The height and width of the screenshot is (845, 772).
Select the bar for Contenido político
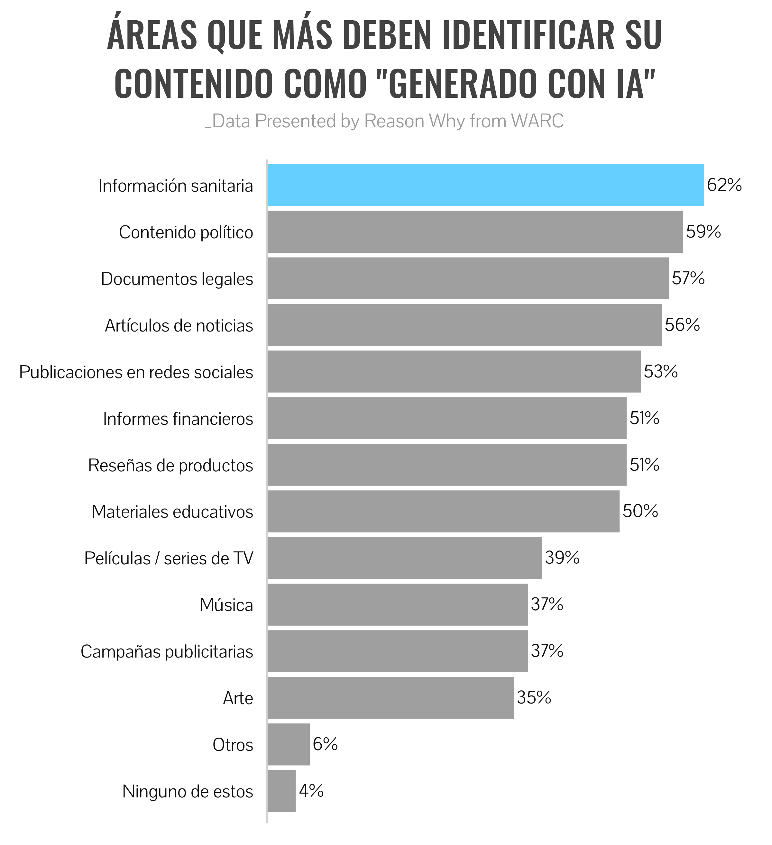475,232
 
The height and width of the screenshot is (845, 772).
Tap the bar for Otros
289,744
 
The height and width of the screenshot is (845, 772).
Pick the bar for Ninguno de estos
281,791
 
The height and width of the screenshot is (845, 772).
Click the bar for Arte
391,697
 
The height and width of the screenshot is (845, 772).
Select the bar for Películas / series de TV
404,558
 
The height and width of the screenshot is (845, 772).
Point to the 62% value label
724,185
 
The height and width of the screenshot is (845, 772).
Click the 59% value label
703,232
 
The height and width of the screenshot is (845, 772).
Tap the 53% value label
660,371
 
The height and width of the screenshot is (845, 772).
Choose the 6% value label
325,744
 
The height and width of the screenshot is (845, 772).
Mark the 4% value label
311,791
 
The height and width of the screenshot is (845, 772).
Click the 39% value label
562,558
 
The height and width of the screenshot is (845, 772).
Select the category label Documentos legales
177,279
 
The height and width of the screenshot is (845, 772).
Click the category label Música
226,605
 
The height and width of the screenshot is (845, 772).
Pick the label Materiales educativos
172,512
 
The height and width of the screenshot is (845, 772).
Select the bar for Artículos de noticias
464,325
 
